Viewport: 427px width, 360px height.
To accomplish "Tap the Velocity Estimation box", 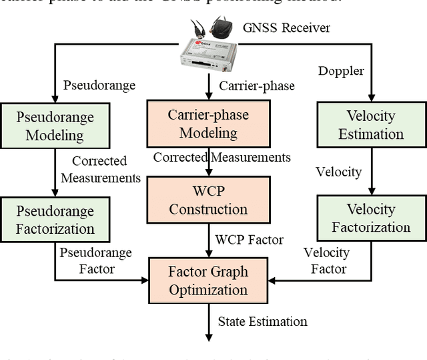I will pos(371,125).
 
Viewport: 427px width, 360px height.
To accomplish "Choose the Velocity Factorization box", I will pos(371,218).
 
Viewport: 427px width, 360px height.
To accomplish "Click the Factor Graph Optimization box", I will pos(207,281).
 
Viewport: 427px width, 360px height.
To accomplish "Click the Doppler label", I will pos(341,71).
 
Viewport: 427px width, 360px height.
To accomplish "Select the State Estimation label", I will pos(262,321).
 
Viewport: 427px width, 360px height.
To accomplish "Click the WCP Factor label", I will pos(249,239).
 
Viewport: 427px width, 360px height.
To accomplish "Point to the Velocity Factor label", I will pos(328,260).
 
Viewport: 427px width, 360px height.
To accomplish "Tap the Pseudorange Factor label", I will pos(96,260).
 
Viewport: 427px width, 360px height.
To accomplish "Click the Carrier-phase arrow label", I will pos(256,85).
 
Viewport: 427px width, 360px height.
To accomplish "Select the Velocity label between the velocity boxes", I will pos(338,172).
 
